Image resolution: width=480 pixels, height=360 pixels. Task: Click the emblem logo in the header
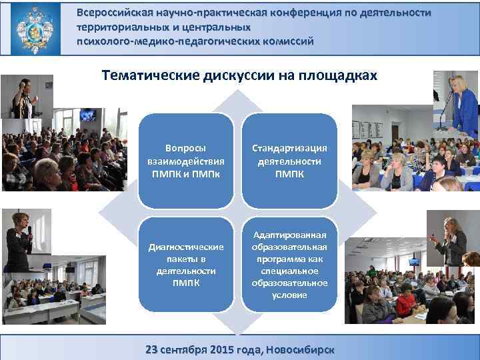34,28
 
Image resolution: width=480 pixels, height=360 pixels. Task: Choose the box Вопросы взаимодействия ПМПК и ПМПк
186,161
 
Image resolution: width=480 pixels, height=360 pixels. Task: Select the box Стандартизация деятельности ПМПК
289,161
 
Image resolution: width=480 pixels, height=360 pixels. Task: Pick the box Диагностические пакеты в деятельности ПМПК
186,265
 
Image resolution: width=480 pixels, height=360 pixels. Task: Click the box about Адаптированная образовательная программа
289,265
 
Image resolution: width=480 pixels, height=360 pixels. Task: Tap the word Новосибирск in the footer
300,349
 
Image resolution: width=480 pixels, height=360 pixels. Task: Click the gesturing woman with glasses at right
453,240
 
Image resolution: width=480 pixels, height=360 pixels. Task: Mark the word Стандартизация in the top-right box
289,149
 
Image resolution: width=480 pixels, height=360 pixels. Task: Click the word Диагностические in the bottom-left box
186,247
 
